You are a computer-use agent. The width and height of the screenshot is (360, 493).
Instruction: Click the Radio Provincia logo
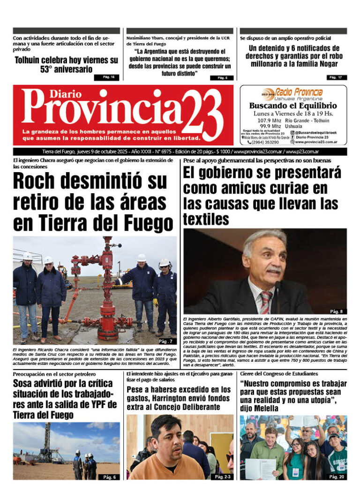click(293, 92)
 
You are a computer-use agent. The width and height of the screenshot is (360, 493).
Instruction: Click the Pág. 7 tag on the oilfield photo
click(165, 341)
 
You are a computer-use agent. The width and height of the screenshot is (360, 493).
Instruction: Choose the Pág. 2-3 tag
click(221, 477)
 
